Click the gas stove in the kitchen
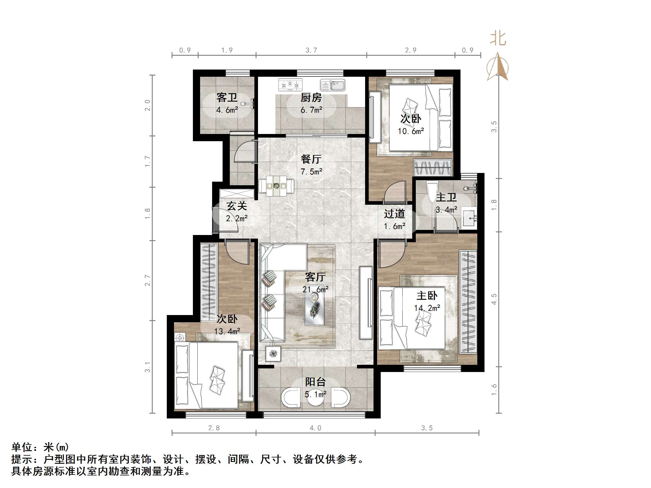(x=290, y=85)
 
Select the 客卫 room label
(x=227, y=98)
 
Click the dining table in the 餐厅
(x=276, y=186)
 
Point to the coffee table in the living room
(x=314, y=309)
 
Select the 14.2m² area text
(x=427, y=308)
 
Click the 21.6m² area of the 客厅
(x=315, y=289)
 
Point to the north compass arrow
(x=498, y=67)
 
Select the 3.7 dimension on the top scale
(x=311, y=50)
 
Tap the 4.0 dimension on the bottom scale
(x=315, y=428)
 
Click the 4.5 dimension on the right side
(x=494, y=299)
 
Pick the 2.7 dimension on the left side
(x=147, y=280)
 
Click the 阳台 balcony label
(x=315, y=382)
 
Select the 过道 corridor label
(x=394, y=214)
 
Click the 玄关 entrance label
(x=237, y=206)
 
